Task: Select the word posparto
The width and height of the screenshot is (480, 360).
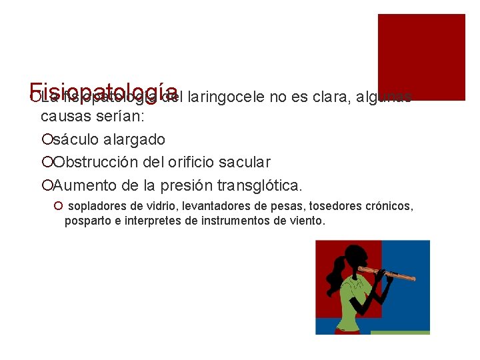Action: (x=86, y=221)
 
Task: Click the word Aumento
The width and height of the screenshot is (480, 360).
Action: (x=81, y=184)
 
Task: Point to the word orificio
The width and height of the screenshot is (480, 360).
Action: (x=205, y=162)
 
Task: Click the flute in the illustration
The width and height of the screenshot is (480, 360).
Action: (x=387, y=273)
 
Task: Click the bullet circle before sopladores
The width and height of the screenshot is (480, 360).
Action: (x=59, y=207)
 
